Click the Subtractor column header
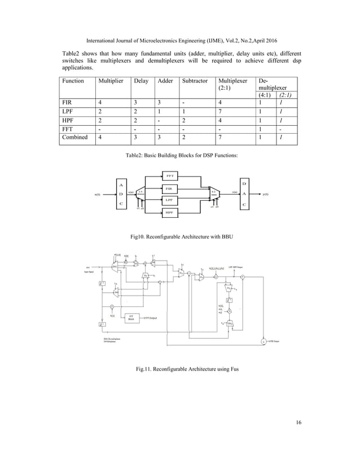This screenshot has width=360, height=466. [195, 81]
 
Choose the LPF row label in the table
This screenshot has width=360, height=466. [68, 112]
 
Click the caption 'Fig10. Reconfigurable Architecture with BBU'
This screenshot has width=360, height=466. [180, 237]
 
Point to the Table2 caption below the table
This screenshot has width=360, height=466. [180, 155]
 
